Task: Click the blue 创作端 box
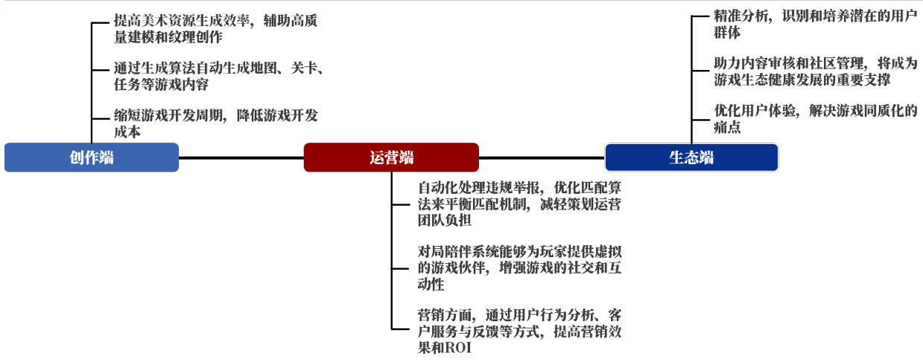point(92,157)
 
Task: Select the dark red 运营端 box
point(391,157)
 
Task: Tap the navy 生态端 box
point(691,157)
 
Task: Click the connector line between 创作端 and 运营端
point(241,157)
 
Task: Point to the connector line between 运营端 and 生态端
point(542,157)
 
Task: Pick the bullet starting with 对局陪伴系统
point(519,268)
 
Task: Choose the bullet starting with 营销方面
point(519,331)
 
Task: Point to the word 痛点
point(727,128)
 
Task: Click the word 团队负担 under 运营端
point(445,221)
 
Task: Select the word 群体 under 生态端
point(727,33)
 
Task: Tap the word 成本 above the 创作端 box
point(127,132)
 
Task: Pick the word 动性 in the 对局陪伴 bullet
point(431,285)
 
